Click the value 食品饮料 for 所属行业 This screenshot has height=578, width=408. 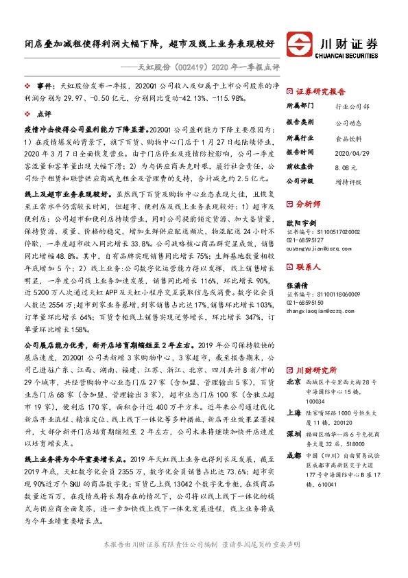349,137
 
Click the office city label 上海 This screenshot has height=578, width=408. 293,394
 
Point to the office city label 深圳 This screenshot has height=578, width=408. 293,415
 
